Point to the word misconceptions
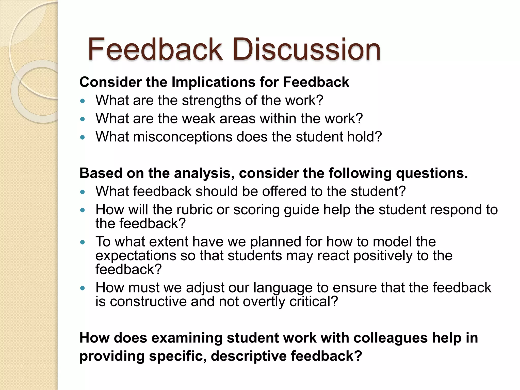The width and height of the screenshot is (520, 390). point(182,137)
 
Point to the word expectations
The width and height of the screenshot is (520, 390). point(136,256)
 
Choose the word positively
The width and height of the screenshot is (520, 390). point(383,256)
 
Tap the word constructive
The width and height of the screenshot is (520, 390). point(148,302)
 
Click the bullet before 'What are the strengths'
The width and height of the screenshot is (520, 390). point(82,101)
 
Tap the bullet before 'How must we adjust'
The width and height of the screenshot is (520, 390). point(82,288)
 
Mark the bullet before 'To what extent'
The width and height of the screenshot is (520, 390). point(82,242)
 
